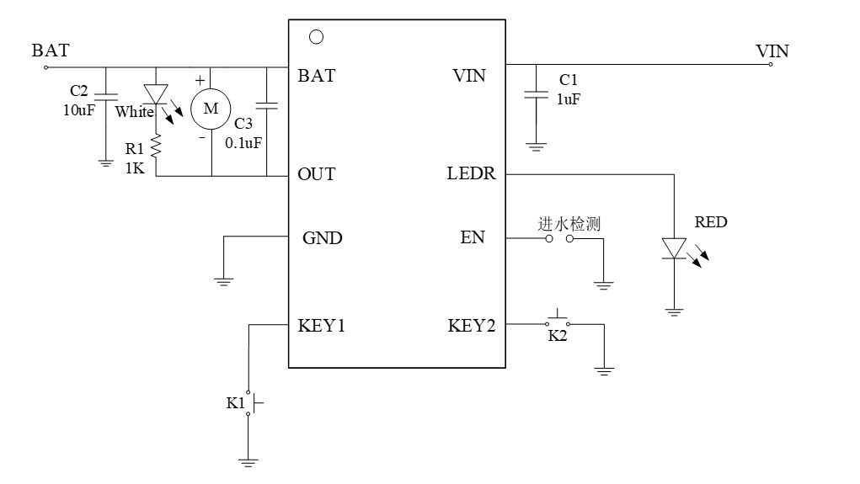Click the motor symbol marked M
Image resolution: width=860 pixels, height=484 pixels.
[211, 108]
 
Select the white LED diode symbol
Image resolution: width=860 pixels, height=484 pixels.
[156, 93]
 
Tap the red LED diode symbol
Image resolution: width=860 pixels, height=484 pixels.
[674, 248]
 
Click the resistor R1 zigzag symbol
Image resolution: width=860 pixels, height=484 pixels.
[156, 148]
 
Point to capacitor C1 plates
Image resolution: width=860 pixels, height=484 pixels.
[531, 94]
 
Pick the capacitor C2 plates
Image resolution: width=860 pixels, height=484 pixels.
[105, 93]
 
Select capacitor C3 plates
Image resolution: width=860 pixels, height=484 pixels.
[267, 106]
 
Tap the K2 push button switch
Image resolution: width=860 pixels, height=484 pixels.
[557, 322]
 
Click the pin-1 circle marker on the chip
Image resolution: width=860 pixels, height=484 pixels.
[316, 36]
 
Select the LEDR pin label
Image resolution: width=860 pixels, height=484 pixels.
[471, 175]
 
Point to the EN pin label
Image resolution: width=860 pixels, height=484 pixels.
[473, 237]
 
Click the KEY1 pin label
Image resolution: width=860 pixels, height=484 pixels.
[321, 326]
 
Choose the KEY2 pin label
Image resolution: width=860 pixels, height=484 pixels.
[471, 326]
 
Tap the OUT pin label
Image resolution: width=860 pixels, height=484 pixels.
[317, 175]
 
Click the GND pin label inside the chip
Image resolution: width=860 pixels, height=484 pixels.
[323, 237]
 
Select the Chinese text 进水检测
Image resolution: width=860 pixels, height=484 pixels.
[569, 224]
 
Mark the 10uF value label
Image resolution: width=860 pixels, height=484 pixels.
[79, 110]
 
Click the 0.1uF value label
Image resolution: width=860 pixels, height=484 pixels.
[243, 142]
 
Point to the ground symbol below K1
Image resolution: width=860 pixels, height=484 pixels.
[248, 460]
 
